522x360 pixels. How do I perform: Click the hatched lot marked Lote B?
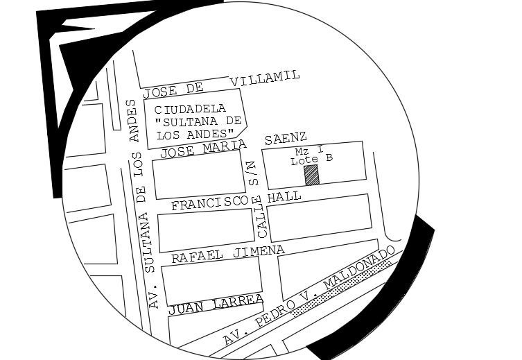click(312, 175)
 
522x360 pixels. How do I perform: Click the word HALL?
click(286, 197)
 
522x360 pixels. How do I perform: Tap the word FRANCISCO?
click(209, 202)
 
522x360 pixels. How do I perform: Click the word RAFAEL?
click(197, 255)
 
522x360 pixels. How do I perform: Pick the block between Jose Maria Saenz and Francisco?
click(198, 174)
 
